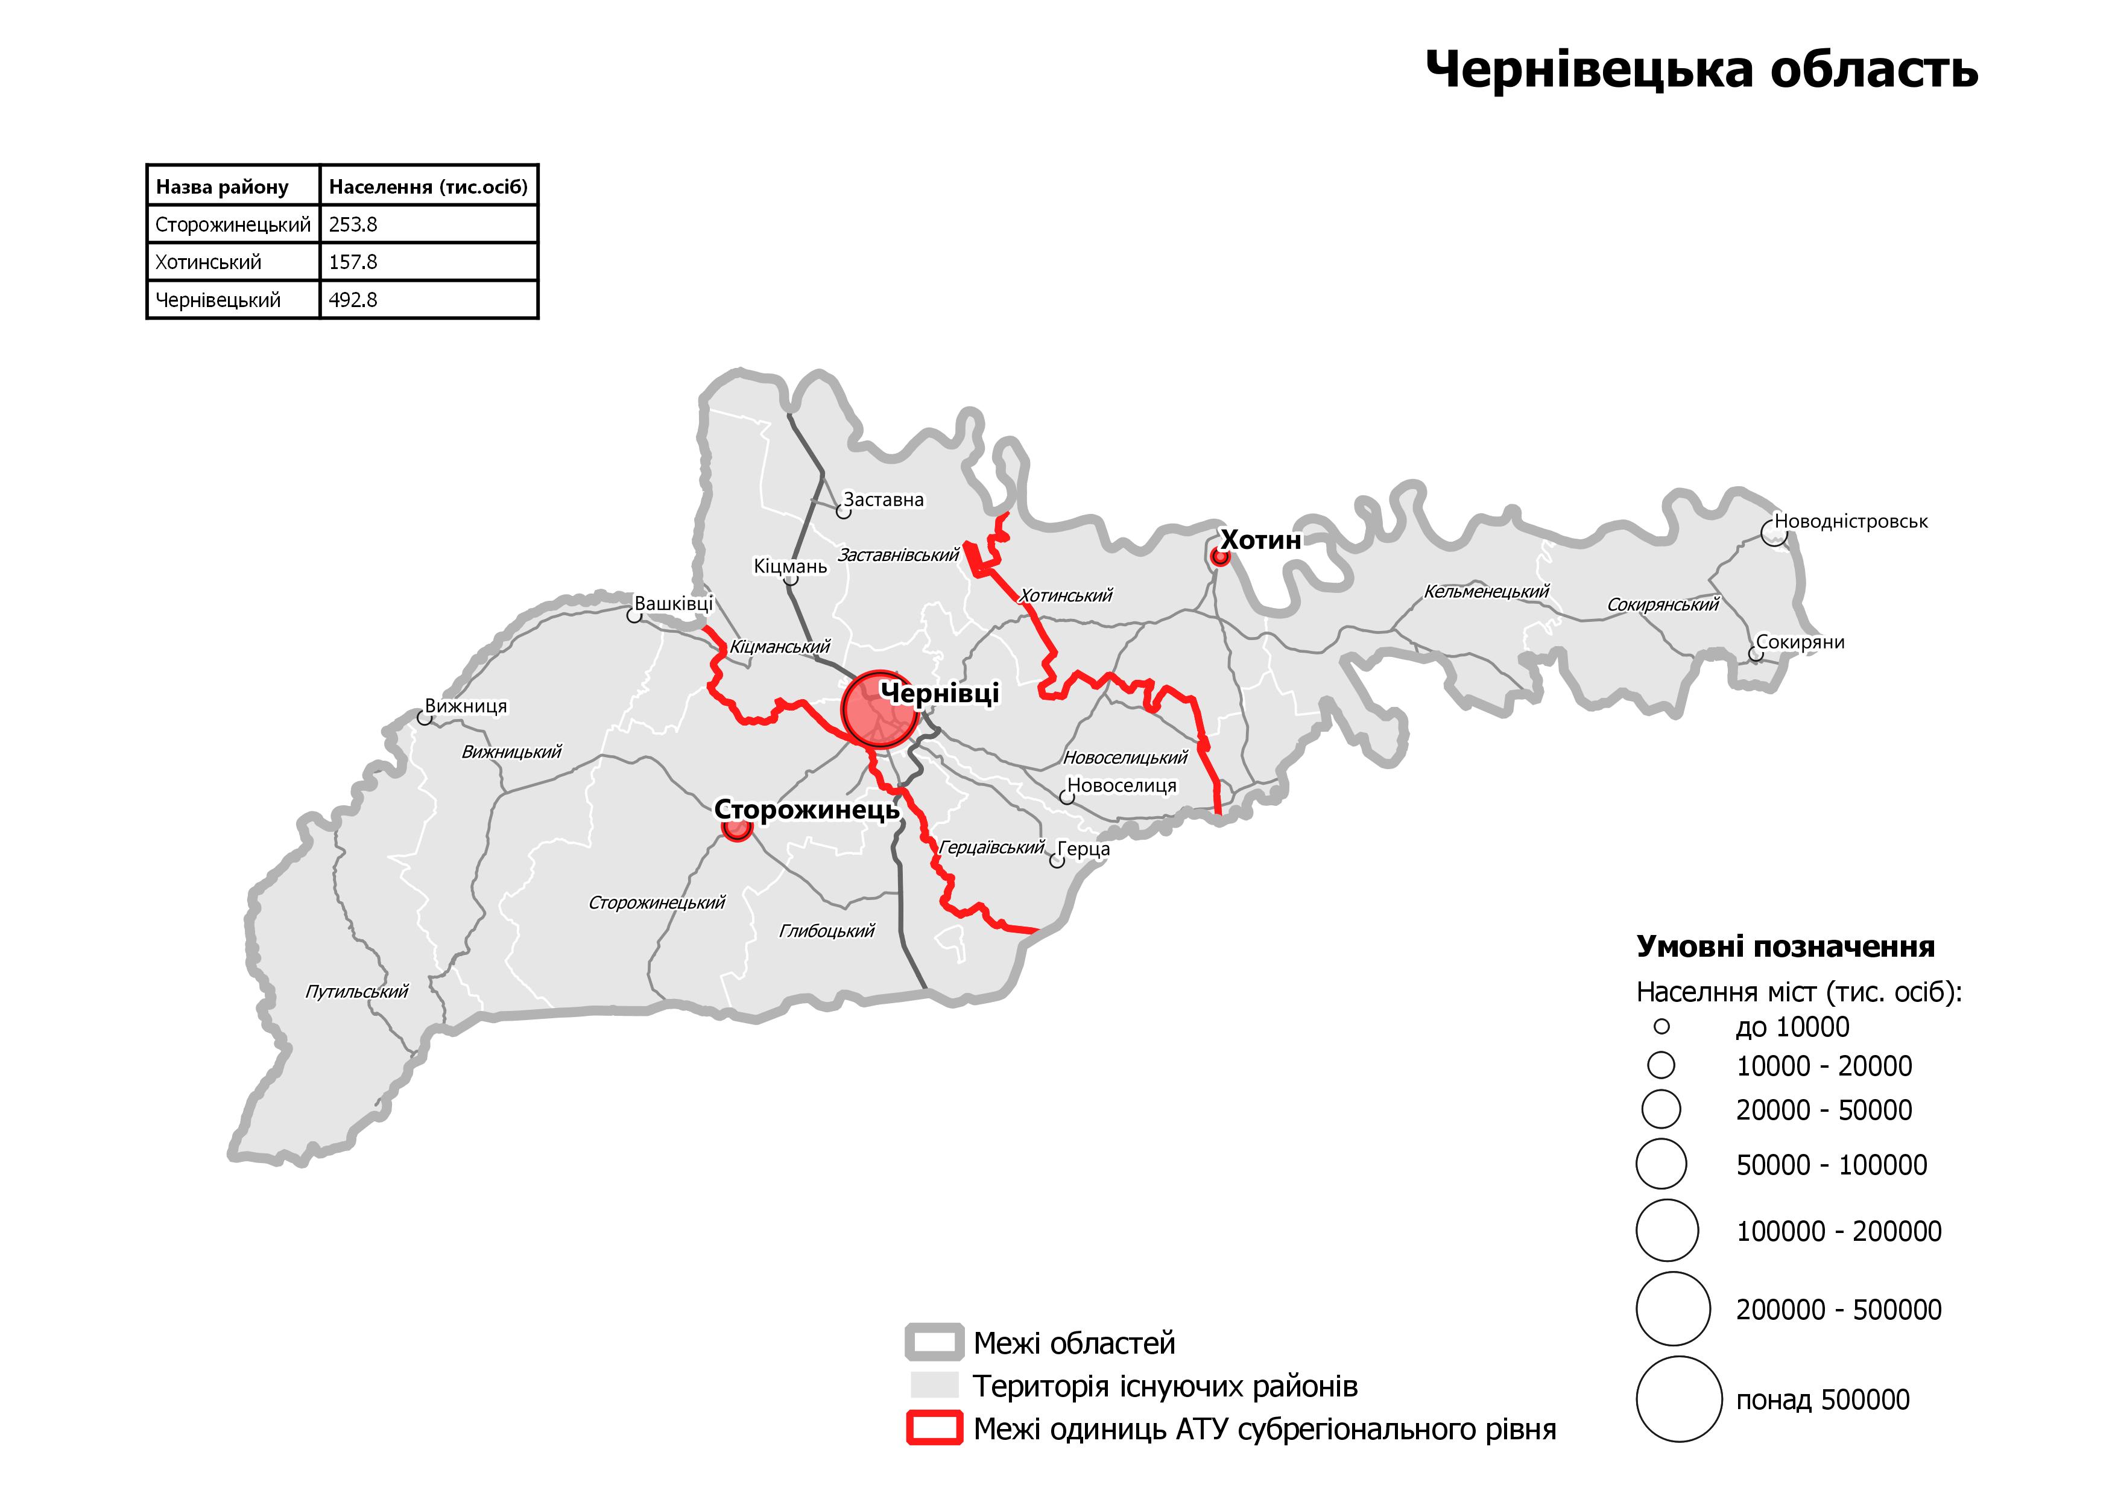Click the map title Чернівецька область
click(x=1701, y=70)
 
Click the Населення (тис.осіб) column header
click(x=428, y=187)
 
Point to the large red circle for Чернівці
click(x=878, y=708)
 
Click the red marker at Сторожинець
click(x=736, y=828)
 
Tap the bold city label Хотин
click(x=1260, y=540)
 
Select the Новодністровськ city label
click(x=1851, y=521)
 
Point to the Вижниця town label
click(x=466, y=706)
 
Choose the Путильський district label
click(x=356, y=992)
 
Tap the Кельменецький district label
click(x=1487, y=591)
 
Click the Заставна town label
click(x=884, y=500)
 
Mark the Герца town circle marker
click(x=1057, y=861)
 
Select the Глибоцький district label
click(x=826, y=931)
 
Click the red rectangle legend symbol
click(x=934, y=1429)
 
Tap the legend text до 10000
click(x=1792, y=1027)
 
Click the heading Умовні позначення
click(x=1785, y=947)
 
